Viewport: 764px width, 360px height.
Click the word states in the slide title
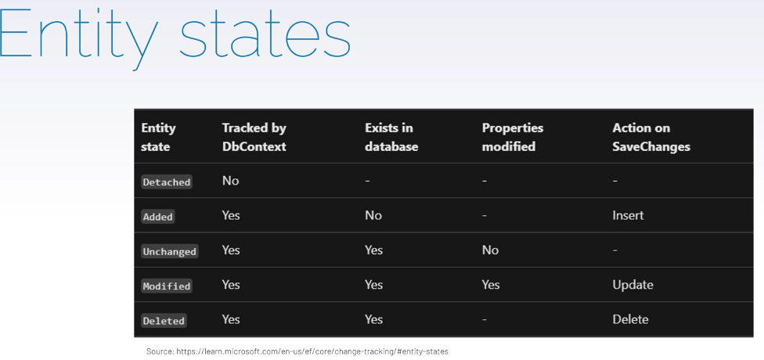click(x=265, y=35)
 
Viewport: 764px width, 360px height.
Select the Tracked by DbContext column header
click(x=254, y=137)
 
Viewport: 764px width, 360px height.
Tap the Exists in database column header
click(x=391, y=137)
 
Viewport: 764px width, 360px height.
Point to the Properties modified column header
click(x=513, y=137)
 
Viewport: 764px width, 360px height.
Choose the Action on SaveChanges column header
click(x=651, y=137)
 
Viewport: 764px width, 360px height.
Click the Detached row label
click(x=167, y=182)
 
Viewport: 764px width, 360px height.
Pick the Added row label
click(x=158, y=216)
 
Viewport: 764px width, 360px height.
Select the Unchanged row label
click(x=170, y=251)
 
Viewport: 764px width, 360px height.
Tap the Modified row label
click(x=167, y=286)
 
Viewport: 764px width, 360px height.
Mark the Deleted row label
click(x=164, y=321)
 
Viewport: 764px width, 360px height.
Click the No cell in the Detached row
click(x=230, y=181)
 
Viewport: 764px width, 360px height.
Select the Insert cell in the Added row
click(x=628, y=215)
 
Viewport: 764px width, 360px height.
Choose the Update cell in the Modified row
click(x=633, y=285)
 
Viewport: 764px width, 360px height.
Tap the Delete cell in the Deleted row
click(x=630, y=319)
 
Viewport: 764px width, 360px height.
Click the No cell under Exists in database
click(x=373, y=215)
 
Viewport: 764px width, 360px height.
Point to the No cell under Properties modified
click(x=490, y=250)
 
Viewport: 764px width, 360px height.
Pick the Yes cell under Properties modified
click(x=491, y=285)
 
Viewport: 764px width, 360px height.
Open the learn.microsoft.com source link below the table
click(x=312, y=351)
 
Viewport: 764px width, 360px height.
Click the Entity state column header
click(x=158, y=137)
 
